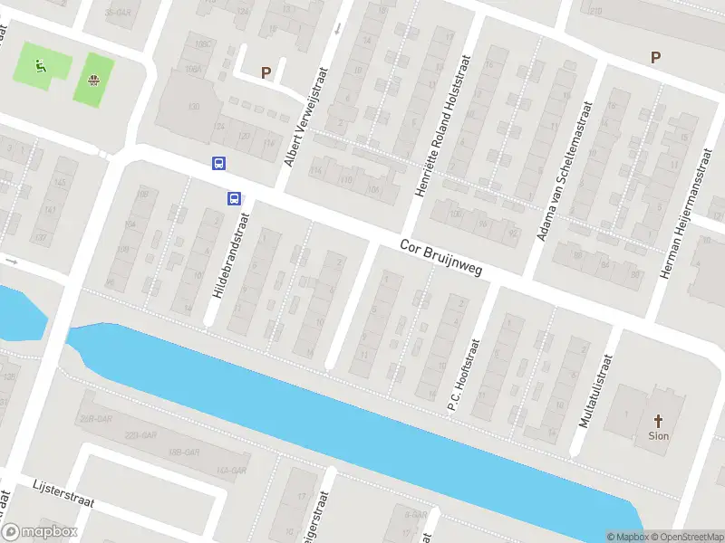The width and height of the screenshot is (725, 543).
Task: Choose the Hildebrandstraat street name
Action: pyautogui.click(x=229, y=258)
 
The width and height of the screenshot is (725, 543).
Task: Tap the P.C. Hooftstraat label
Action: pyautogui.click(x=468, y=375)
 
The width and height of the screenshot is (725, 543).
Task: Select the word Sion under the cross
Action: pyautogui.click(x=658, y=435)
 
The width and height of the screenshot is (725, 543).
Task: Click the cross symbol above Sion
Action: pyautogui.click(x=658, y=420)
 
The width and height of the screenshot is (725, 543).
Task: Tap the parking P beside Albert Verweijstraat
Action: pyautogui.click(x=266, y=72)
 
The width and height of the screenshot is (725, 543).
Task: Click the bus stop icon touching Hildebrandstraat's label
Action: pyautogui.click(x=233, y=198)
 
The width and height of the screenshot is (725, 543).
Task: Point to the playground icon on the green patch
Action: pyautogui.click(x=93, y=80)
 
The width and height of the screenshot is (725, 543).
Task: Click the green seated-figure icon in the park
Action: pyautogui.click(x=39, y=64)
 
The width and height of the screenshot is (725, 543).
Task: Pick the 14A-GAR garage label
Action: pyautogui.click(x=231, y=470)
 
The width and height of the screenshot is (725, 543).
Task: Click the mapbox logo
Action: pyautogui.click(x=39, y=532)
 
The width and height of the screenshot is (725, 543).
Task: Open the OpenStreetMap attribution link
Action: pyautogui.click(x=686, y=537)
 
